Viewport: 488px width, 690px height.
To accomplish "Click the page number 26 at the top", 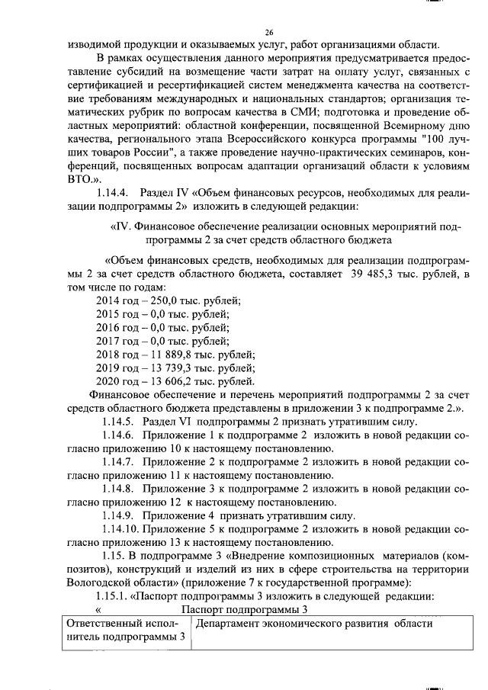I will pos(268,32).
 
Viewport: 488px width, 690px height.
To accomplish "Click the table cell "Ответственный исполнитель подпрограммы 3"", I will pos(121,630).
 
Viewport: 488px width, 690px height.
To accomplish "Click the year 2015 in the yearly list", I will pos(108,315).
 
